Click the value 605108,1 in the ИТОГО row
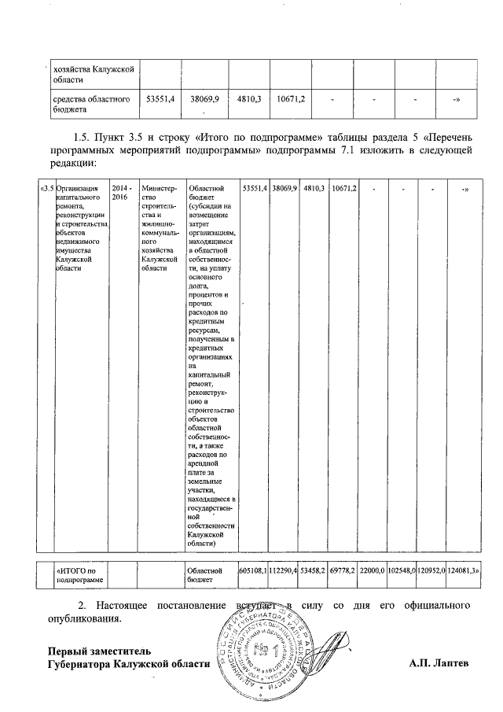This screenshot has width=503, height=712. pyautogui.click(x=253, y=570)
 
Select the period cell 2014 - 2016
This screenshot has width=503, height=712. pyautogui.click(x=120, y=194)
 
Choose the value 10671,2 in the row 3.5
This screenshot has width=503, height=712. pyautogui.click(x=343, y=189)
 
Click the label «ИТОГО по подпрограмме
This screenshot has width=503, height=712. pyautogui.click(x=79, y=574)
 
